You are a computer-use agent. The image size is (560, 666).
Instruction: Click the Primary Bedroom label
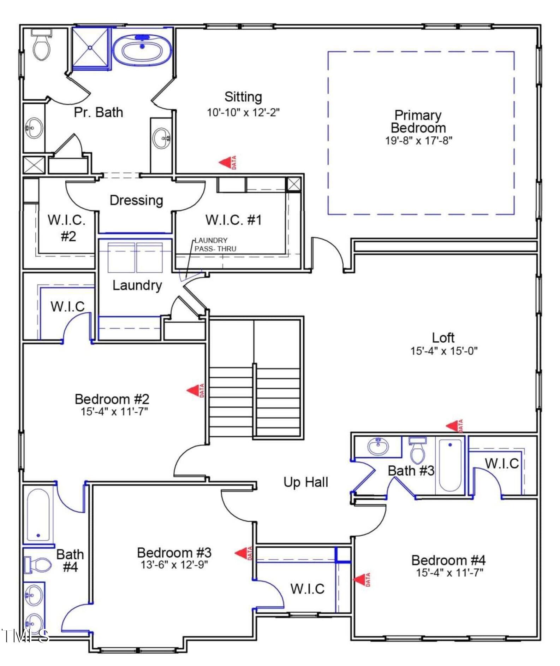(x=418, y=122)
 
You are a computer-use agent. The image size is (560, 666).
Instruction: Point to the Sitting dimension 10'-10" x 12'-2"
(x=243, y=112)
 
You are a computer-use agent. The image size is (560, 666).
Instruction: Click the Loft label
(x=443, y=337)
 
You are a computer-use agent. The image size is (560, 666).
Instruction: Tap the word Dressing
(x=136, y=200)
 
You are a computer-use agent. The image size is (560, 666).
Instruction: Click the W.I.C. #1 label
(x=234, y=220)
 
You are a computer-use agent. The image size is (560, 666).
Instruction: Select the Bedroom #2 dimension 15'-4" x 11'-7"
(x=114, y=411)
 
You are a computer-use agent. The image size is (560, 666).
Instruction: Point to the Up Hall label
(x=306, y=482)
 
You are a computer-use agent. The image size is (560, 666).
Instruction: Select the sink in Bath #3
(x=378, y=446)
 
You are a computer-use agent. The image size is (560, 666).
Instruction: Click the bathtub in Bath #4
(x=38, y=515)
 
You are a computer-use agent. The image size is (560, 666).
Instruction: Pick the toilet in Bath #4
(x=37, y=565)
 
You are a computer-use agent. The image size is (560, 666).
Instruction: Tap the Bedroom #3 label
(x=174, y=553)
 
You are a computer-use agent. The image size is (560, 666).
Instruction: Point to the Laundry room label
(x=137, y=285)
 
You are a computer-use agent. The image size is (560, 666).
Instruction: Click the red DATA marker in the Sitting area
(x=228, y=163)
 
